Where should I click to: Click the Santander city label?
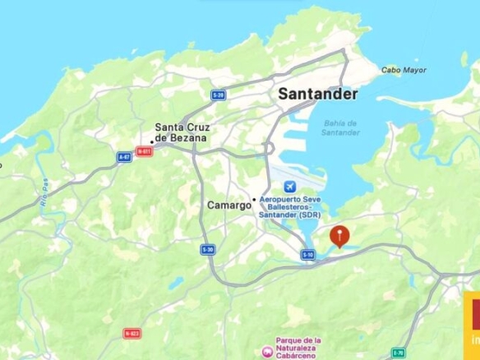(x=318, y=94)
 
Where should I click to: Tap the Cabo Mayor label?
(x=404, y=71)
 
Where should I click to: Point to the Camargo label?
(x=228, y=205)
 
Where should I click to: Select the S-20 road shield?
(x=218, y=95)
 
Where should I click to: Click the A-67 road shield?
(x=125, y=156)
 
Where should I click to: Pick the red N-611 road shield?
(x=145, y=151)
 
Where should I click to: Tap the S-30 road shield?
(x=209, y=249)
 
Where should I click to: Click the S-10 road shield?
(x=308, y=255)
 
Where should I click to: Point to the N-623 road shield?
(x=132, y=333)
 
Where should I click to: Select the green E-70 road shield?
(x=398, y=353)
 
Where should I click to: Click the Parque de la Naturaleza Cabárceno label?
(x=299, y=348)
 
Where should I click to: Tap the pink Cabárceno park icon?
(x=266, y=351)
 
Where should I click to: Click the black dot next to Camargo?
(x=254, y=199)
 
